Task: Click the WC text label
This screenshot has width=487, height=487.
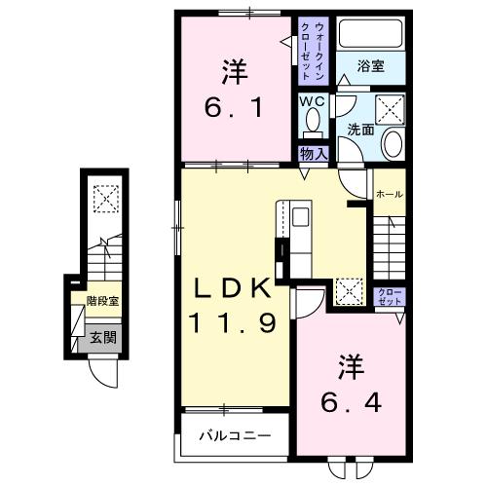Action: [x=312, y=100]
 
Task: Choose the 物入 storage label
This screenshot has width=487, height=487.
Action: [x=313, y=153]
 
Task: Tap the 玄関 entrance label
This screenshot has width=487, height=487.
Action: [x=102, y=338]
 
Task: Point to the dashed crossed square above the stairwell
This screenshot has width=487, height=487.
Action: [x=102, y=200]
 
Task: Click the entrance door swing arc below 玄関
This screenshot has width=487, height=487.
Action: [x=101, y=374]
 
